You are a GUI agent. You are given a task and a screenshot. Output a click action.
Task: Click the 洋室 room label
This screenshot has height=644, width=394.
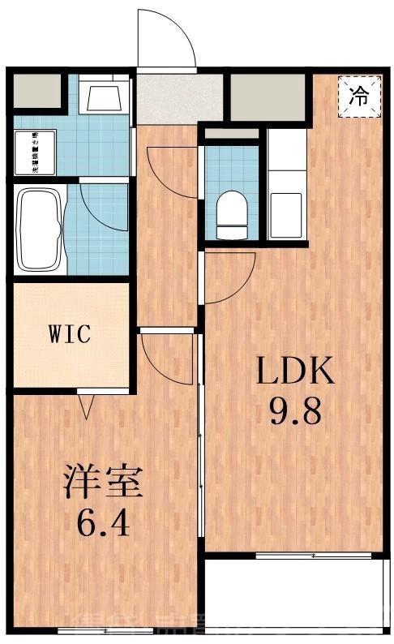pos(103,483)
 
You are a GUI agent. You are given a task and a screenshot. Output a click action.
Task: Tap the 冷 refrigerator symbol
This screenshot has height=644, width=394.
pos(358,96)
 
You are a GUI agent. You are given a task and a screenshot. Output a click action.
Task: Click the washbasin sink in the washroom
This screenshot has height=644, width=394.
pos(105,97)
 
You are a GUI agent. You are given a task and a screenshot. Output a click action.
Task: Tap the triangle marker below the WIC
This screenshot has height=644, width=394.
pos(87,403)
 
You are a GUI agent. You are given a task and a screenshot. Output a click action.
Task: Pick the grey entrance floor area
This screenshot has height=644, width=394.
pos(168,99)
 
